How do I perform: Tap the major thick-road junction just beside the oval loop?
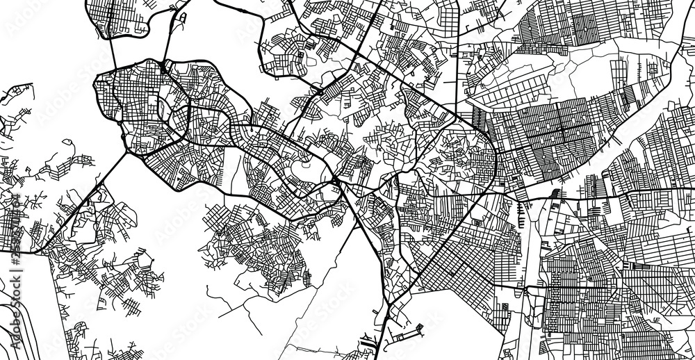[336, 181]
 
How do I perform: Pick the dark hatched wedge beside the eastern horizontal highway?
[556, 192]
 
